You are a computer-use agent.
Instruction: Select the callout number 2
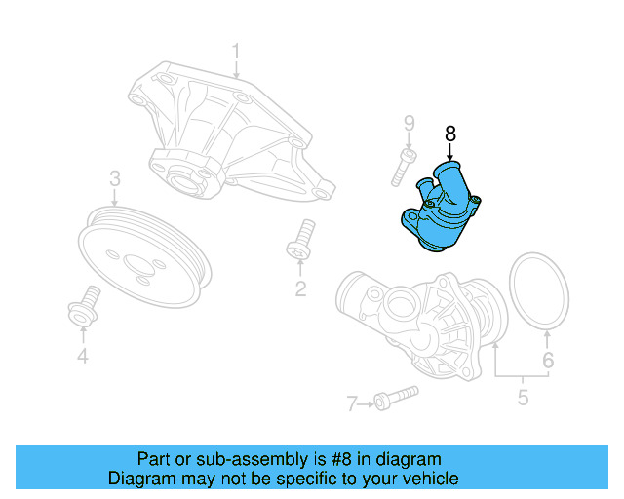(300, 288)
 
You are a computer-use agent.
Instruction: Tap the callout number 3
(114, 178)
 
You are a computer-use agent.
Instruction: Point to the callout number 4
(83, 357)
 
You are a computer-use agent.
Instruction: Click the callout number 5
(522, 397)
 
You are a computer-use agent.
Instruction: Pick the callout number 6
(548, 361)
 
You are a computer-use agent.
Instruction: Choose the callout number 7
(352, 402)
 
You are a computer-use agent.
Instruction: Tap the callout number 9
(409, 123)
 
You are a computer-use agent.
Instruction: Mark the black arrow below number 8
(449, 153)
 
